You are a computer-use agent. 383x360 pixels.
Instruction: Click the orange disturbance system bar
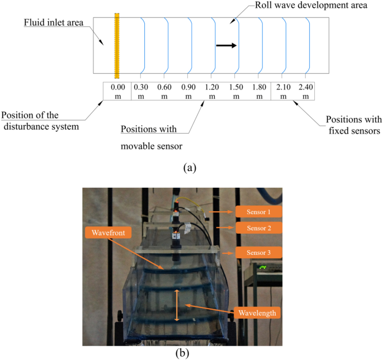point(117,46)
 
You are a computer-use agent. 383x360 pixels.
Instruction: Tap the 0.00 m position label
point(118,91)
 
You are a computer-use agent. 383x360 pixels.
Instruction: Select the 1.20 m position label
point(212,91)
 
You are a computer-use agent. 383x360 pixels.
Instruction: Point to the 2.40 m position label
point(306,91)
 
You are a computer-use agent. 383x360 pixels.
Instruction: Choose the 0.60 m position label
point(164,91)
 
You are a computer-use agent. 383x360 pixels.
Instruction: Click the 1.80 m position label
point(259,91)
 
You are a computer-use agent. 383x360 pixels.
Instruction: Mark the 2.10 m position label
point(283,91)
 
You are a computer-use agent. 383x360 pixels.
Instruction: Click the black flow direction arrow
point(226,45)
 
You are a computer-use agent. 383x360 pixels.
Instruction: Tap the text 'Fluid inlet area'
point(53,24)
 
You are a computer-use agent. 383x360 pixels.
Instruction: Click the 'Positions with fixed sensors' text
point(354,125)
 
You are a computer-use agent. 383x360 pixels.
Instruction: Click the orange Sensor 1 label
point(258,211)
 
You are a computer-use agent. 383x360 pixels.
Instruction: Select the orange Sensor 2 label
point(258,228)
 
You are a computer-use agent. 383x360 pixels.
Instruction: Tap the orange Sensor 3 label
point(258,253)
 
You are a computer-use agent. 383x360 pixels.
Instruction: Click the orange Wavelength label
point(257,313)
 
